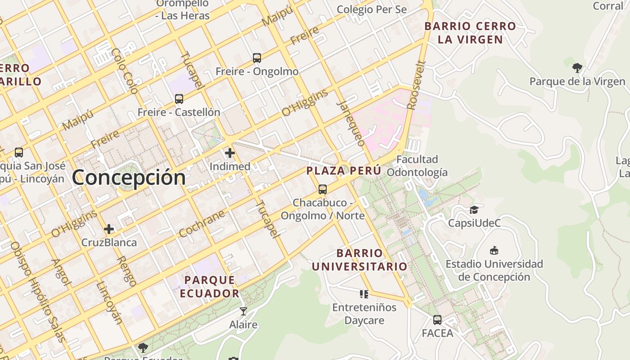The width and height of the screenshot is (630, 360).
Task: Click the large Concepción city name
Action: click(x=129, y=177)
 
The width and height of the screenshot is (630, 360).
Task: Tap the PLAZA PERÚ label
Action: click(x=344, y=171)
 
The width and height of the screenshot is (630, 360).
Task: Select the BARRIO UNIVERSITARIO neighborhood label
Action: click(x=360, y=260)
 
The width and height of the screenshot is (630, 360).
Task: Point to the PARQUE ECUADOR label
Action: click(x=210, y=287)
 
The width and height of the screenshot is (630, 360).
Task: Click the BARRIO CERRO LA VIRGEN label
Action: click(x=470, y=33)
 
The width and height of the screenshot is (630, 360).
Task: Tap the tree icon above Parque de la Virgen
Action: click(x=577, y=68)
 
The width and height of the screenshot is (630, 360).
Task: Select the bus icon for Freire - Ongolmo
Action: click(x=256, y=58)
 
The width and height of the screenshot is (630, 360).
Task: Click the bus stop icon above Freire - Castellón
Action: click(x=179, y=99)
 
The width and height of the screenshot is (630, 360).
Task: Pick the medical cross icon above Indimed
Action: click(x=230, y=153)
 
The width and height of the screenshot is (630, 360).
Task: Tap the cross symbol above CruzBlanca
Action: click(x=109, y=229)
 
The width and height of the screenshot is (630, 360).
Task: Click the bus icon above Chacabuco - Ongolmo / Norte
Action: click(x=322, y=189)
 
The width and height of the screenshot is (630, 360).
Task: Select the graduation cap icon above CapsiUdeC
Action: click(x=474, y=210)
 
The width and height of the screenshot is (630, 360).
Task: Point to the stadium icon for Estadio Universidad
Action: click(x=494, y=251)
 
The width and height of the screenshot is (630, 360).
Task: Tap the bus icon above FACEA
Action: click(x=437, y=320)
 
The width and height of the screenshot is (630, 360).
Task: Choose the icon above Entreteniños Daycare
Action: click(x=364, y=294)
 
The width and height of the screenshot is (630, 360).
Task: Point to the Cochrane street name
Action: click(x=202, y=224)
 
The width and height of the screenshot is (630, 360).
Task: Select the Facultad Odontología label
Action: click(x=417, y=166)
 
